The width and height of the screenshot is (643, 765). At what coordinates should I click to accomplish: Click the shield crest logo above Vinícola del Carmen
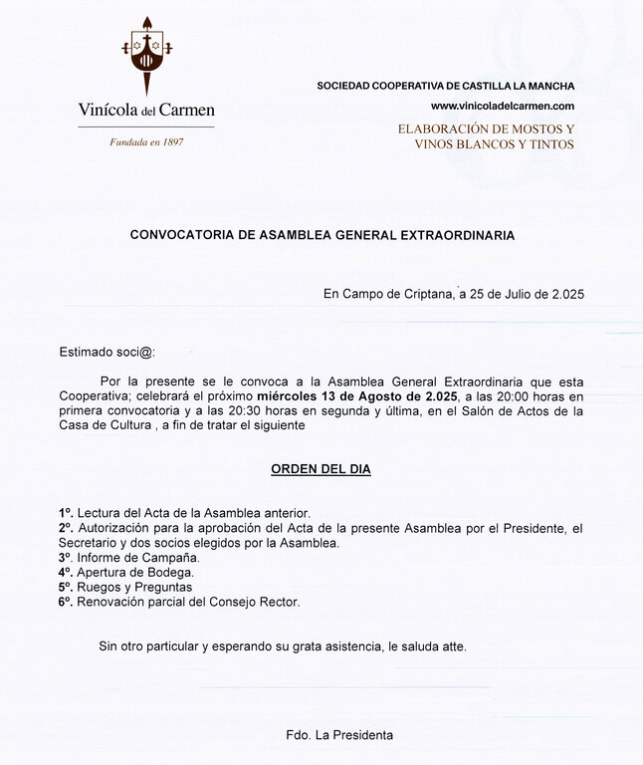(x=146, y=57)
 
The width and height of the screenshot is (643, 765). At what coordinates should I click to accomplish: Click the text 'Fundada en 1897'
(x=146, y=141)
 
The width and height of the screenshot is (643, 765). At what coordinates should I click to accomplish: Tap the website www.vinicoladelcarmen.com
(x=503, y=106)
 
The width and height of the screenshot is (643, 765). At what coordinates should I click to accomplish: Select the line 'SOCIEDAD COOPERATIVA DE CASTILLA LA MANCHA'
(x=445, y=86)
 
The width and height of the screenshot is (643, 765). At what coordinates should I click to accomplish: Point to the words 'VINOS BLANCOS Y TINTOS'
(x=494, y=144)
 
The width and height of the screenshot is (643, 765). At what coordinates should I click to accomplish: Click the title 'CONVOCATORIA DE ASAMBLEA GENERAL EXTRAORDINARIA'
(x=322, y=236)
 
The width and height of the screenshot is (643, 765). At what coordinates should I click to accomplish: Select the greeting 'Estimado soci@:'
(x=107, y=352)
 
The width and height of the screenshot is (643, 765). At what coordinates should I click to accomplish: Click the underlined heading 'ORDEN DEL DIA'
(x=321, y=469)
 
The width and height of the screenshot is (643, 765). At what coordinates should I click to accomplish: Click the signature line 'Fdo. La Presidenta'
(x=338, y=735)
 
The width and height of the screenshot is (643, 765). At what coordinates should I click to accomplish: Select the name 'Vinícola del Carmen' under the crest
(x=146, y=110)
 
